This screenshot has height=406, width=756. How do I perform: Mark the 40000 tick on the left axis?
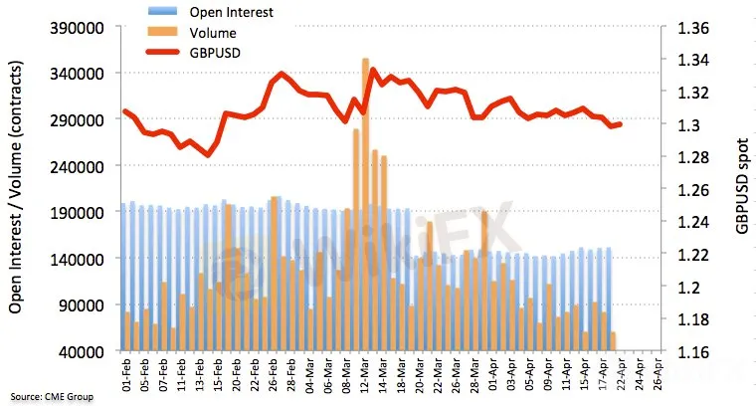coord(87,351)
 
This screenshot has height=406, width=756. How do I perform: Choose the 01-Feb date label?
coord(125,375)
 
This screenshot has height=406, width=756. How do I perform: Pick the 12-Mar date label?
coord(366,375)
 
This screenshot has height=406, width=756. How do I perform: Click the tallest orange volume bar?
coord(366,199)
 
